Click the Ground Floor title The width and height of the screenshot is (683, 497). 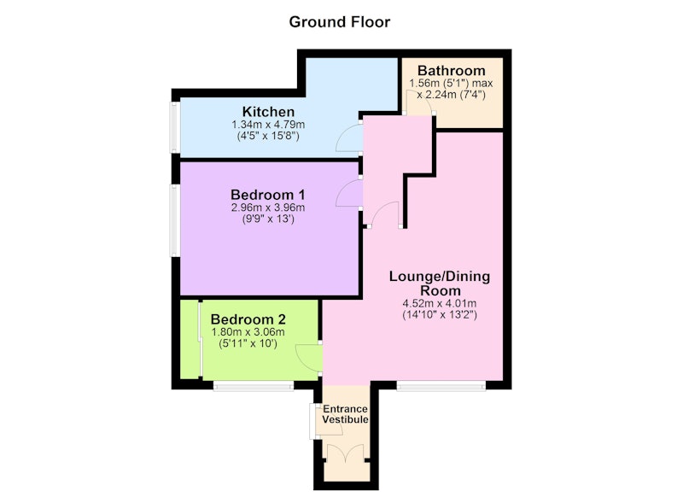[x=339, y=22]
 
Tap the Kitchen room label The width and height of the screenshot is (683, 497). [x=268, y=112]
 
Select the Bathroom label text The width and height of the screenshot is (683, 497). [x=452, y=71]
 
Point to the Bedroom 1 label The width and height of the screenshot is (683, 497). [x=268, y=194]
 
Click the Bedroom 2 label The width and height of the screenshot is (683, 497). [x=248, y=319]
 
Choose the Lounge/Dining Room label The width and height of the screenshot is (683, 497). [x=440, y=284]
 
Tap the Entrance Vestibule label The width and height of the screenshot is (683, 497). [x=346, y=414]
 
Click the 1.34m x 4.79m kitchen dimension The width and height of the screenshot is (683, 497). [x=268, y=125]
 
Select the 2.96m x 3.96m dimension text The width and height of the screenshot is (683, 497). [x=268, y=208]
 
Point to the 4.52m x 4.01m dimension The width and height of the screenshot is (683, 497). [x=440, y=304]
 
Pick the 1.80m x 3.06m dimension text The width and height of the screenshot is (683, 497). [x=248, y=332]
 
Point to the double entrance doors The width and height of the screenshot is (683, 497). [x=345, y=453]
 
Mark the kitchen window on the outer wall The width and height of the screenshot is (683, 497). [x=175, y=127]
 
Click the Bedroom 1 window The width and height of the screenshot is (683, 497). [x=175, y=220]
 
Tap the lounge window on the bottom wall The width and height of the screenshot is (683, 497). [x=441, y=385]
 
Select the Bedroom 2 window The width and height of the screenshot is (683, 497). [x=254, y=385]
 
